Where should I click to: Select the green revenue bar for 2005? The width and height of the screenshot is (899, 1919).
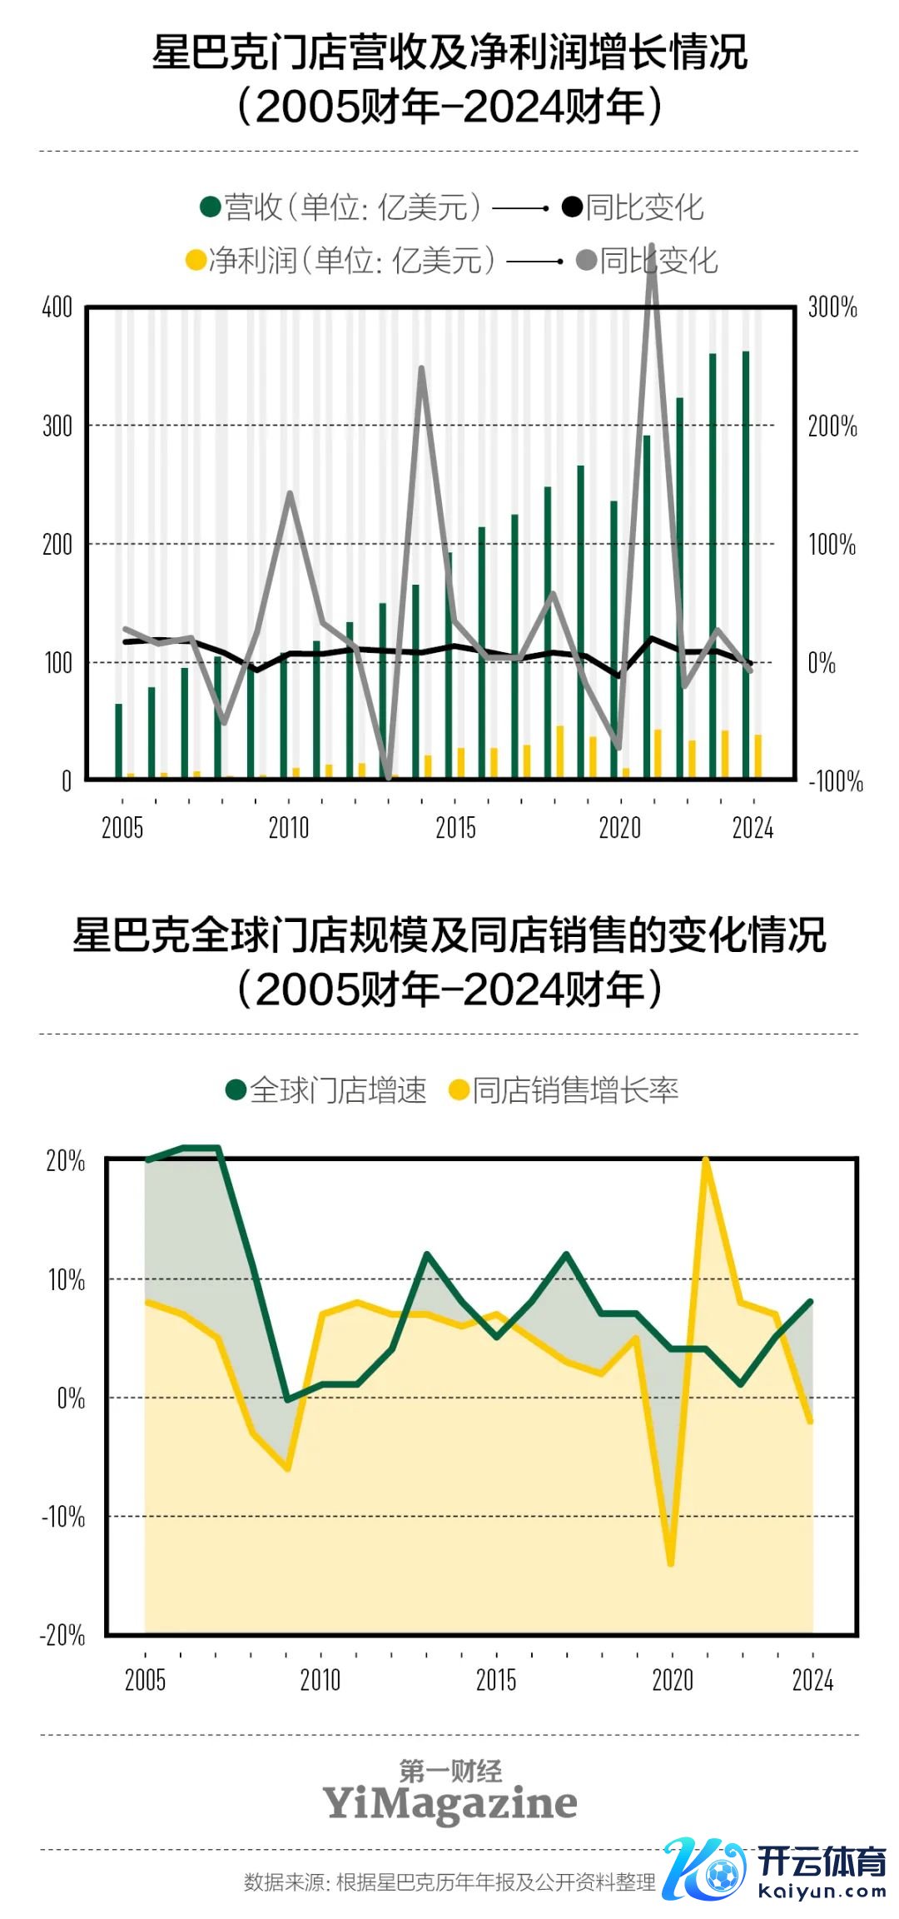[x=118, y=741]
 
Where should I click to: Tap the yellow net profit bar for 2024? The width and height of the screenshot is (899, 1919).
[x=757, y=756]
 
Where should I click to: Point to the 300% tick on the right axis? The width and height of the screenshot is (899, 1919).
[x=832, y=307]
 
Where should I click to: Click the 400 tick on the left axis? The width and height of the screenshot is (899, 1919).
[x=57, y=307]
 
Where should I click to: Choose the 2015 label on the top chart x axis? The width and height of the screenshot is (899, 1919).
[x=455, y=828]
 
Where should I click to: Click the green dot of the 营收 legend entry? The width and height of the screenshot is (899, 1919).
[x=210, y=207]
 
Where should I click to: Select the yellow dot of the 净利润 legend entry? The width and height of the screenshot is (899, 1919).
[x=196, y=260]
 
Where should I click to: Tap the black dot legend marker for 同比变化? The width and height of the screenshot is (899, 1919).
[x=571, y=207]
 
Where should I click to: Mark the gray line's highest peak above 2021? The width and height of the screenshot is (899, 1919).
[x=652, y=248]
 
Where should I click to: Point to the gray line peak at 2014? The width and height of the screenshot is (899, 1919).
[x=421, y=368]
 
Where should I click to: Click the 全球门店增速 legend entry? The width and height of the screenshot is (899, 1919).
[x=326, y=1089]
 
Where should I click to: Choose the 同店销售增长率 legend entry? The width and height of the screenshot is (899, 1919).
[x=564, y=1089]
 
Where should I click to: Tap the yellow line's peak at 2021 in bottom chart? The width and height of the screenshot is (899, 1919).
[x=706, y=1159]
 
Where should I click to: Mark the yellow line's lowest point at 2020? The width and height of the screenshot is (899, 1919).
[x=671, y=1563]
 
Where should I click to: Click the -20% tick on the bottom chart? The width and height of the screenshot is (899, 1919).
[x=63, y=1635]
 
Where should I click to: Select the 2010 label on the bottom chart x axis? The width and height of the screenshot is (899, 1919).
[x=320, y=1680]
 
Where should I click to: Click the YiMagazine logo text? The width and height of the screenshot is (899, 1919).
[x=449, y=1803]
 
